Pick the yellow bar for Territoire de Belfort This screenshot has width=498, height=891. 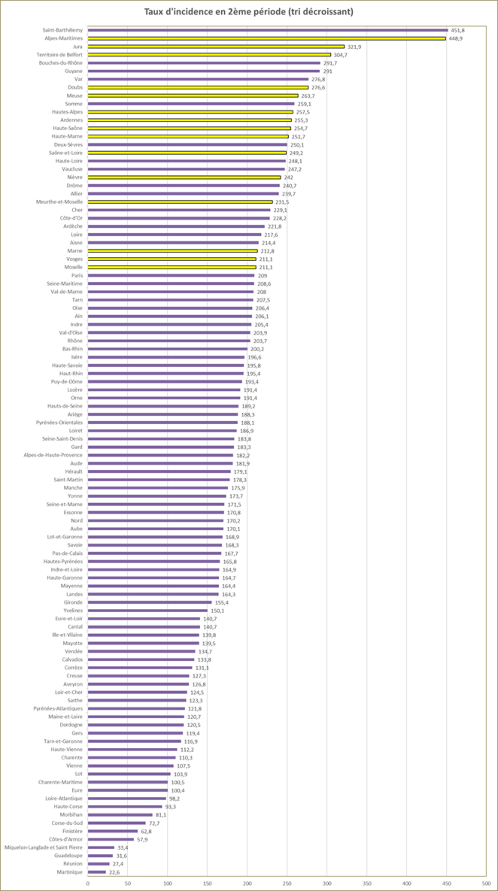point(209,55)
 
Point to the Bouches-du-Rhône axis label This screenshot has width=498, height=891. point(61,63)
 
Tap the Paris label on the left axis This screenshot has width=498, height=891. point(77,276)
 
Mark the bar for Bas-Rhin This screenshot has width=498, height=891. point(168,349)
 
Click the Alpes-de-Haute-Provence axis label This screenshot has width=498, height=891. point(53,455)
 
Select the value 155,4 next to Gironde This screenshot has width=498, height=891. point(221,603)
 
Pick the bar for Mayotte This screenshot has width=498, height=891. point(143,643)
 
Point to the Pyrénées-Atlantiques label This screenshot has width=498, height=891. point(58,709)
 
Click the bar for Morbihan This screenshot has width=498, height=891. point(120,815)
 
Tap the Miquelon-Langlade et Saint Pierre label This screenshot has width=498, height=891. point(44,847)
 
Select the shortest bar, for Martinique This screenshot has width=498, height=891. point(97,872)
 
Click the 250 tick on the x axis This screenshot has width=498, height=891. point(287,883)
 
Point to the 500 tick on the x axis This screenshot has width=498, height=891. point(486,883)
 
